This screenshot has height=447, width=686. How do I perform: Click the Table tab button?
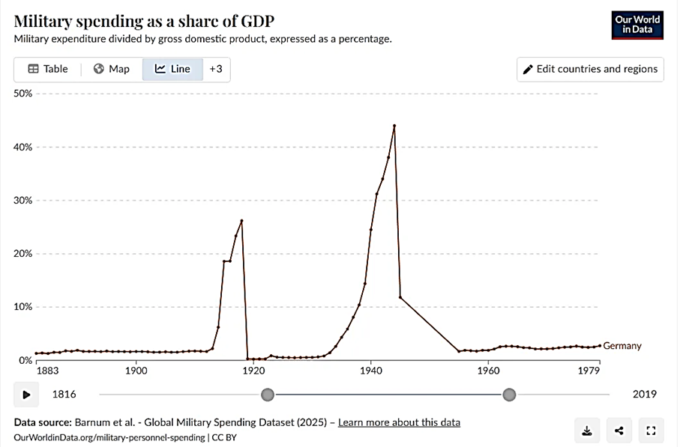point(48,69)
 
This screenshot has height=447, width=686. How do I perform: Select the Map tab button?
point(112,69)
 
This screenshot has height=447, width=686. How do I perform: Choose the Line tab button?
point(173,69)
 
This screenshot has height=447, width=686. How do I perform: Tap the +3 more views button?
point(216,69)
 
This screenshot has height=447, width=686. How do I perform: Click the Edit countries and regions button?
point(590,69)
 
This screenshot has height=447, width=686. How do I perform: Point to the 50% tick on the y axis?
point(23,94)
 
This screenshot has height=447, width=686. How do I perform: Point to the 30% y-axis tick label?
point(23,201)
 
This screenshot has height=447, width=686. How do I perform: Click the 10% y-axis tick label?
point(23,307)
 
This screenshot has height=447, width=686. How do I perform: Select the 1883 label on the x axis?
point(46,371)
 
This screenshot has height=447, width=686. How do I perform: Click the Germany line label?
point(622,346)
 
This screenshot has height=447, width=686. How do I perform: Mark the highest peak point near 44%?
point(394,126)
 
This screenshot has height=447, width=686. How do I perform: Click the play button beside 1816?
point(26,394)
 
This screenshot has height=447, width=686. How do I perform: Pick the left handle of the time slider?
point(267,394)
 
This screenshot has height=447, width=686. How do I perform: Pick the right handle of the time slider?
point(509,394)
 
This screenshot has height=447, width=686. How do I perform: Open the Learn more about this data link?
point(399,422)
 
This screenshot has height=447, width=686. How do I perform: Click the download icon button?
point(587,430)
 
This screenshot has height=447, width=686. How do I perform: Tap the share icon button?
point(619,430)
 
